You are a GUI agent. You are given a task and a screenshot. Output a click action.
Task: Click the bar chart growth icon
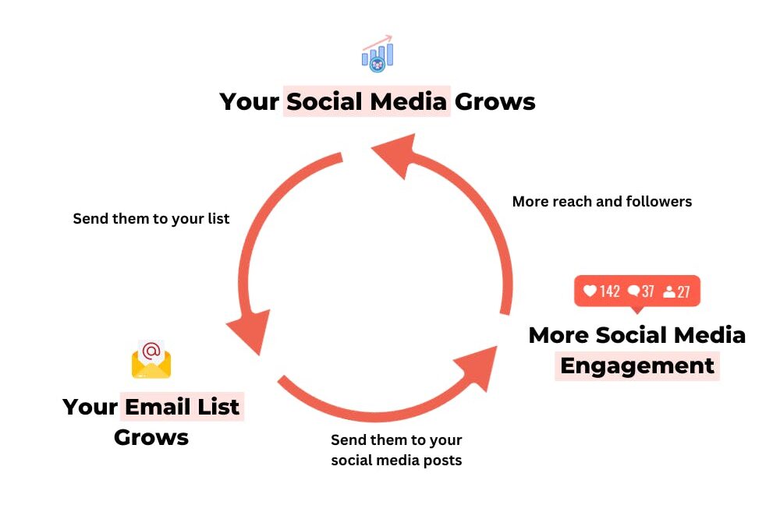[x=378, y=54]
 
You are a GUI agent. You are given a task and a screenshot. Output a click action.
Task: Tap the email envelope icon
[x=151, y=360]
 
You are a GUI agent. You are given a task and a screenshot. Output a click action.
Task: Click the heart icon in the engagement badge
[x=590, y=291]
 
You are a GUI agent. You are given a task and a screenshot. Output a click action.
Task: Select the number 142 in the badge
[x=610, y=291]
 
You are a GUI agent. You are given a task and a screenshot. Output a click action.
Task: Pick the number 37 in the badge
[x=648, y=291]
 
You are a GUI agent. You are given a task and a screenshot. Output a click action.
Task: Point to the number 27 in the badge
[x=683, y=291]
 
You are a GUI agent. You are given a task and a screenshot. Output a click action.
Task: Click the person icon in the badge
[x=669, y=292]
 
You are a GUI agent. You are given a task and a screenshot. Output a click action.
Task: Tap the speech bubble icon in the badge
[x=634, y=291]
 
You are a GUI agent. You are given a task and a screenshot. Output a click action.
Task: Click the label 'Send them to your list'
[x=151, y=219]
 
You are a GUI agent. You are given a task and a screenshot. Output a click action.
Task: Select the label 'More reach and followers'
[x=601, y=202]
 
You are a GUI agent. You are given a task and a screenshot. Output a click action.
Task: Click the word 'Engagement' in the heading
[x=637, y=365]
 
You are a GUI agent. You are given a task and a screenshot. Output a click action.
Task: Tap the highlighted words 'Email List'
[x=182, y=407]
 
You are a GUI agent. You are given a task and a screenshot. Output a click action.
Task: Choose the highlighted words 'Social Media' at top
[x=367, y=101]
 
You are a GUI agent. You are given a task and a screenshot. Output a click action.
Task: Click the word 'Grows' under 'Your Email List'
[x=151, y=437]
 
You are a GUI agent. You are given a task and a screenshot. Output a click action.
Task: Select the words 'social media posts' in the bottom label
[x=396, y=461]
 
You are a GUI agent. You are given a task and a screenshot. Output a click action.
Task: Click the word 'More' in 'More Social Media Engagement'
[x=559, y=335]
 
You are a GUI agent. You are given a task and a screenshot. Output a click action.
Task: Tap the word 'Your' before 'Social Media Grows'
[x=250, y=101]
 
